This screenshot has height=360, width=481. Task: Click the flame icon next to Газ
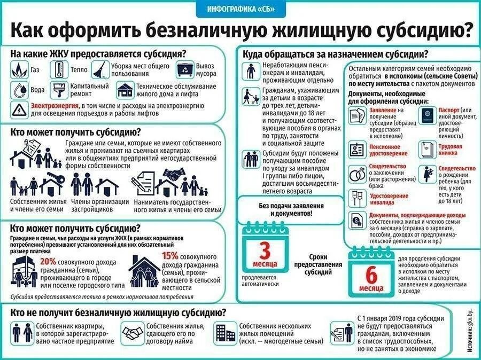[19, 70]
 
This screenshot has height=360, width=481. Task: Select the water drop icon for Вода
[19, 89]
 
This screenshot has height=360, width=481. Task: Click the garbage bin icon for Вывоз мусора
[185, 70]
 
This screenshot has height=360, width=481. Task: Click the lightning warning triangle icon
[19, 109]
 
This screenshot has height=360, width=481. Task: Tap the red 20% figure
[48, 262]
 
